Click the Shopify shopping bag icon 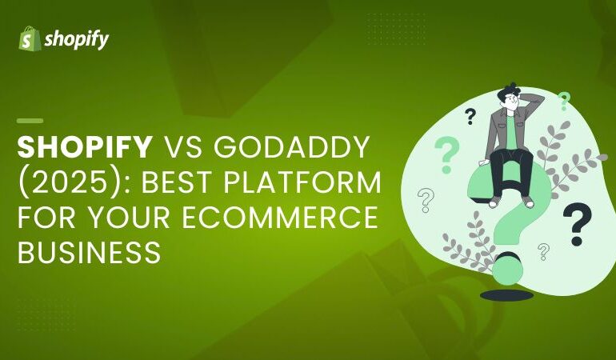[30, 38]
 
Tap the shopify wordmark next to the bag [76, 39]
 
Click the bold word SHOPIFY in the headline [85, 148]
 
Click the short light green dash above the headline [30, 120]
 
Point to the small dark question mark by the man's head [470, 117]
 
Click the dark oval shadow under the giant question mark [506, 295]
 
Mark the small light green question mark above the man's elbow [564, 100]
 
